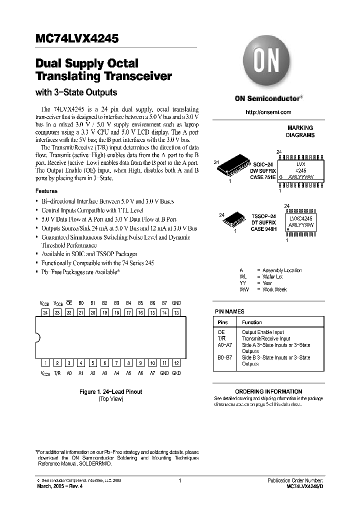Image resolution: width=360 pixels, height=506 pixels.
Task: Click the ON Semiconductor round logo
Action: coord(268,62)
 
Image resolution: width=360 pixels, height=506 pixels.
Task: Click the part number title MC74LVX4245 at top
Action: coord(76,38)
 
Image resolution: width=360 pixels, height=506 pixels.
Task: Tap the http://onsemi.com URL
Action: coord(268,112)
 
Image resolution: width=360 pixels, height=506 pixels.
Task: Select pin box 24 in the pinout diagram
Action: coord(45,312)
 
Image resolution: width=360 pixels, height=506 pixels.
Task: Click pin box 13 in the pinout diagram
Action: coord(176,312)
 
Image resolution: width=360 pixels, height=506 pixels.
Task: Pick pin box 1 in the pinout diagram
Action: coord(45,363)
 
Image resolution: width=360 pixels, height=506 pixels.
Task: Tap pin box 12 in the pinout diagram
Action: coord(176,363)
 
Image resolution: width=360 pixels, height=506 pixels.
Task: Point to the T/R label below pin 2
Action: coord(57,373)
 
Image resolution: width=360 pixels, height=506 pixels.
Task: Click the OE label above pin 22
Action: coord(69,303)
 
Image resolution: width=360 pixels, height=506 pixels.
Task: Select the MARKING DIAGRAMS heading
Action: coord(300,131)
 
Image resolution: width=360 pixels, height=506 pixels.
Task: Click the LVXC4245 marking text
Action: coord(300,218)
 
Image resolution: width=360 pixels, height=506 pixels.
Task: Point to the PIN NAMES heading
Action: coord(229,311)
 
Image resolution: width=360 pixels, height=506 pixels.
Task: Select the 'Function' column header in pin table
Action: coord(251,322)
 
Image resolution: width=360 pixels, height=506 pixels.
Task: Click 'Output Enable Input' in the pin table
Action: coord(262,332)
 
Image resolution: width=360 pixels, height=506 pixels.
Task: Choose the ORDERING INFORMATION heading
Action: coord(268,391)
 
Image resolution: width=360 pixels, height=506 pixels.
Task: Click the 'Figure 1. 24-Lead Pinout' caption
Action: coord(110,392)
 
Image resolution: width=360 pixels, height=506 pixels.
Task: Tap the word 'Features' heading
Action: coord(46,191)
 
